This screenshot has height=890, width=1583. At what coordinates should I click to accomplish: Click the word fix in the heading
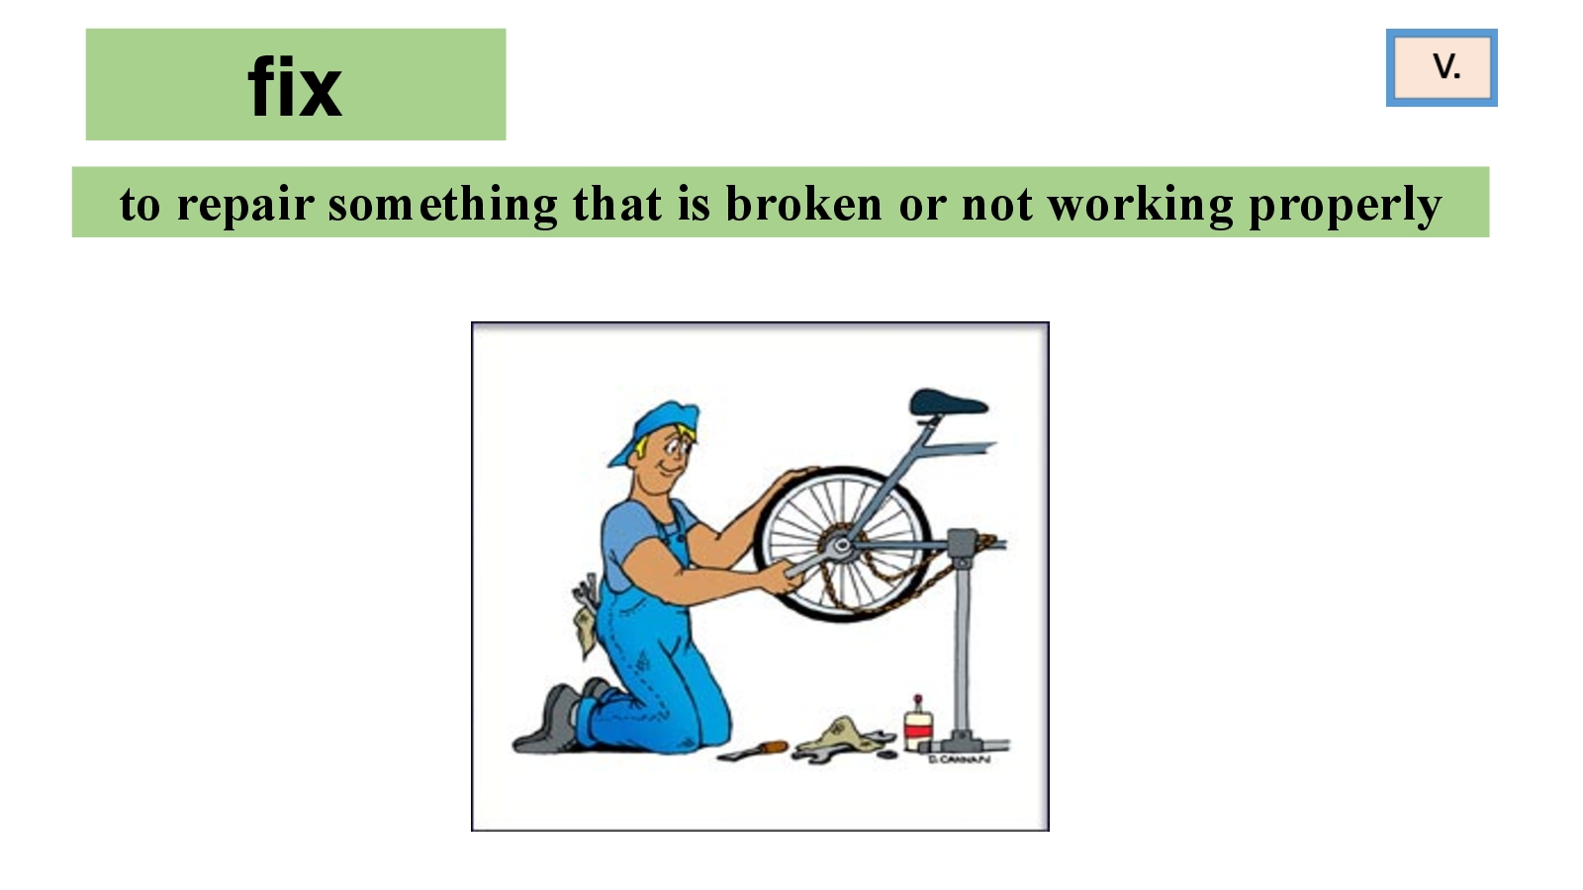pyautogui.click(x=296, y=88)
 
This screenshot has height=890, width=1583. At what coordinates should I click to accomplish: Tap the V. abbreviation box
pyautogui.click(x=1442, y=68)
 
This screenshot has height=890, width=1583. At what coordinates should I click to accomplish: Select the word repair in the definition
pyautogui.click(x=244, y=206)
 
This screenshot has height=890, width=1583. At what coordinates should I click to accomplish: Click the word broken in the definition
pyautogui.click(x=803, y=204)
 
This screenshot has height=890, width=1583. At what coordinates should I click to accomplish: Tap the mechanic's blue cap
pyautogui.click(x=654, y=429)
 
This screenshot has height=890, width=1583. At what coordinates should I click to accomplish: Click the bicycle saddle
pyautogui.click(x=948, y=403)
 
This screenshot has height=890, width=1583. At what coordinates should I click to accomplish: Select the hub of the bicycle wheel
pyautogui.click(x=841, y=545)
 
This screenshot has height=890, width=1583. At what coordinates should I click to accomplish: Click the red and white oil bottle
pyautogui.click(x=918, y=725)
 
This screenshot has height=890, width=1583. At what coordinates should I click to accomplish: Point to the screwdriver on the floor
pyautogui.click(x=752, y=751)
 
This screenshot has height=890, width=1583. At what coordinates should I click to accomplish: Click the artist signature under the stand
pyautogui.click(x=959, y=760)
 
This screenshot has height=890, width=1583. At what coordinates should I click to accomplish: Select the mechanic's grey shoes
pyautogui.click(x=558, y=717)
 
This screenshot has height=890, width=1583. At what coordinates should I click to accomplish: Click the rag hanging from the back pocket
pyautogui.click(x=585, y=632)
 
